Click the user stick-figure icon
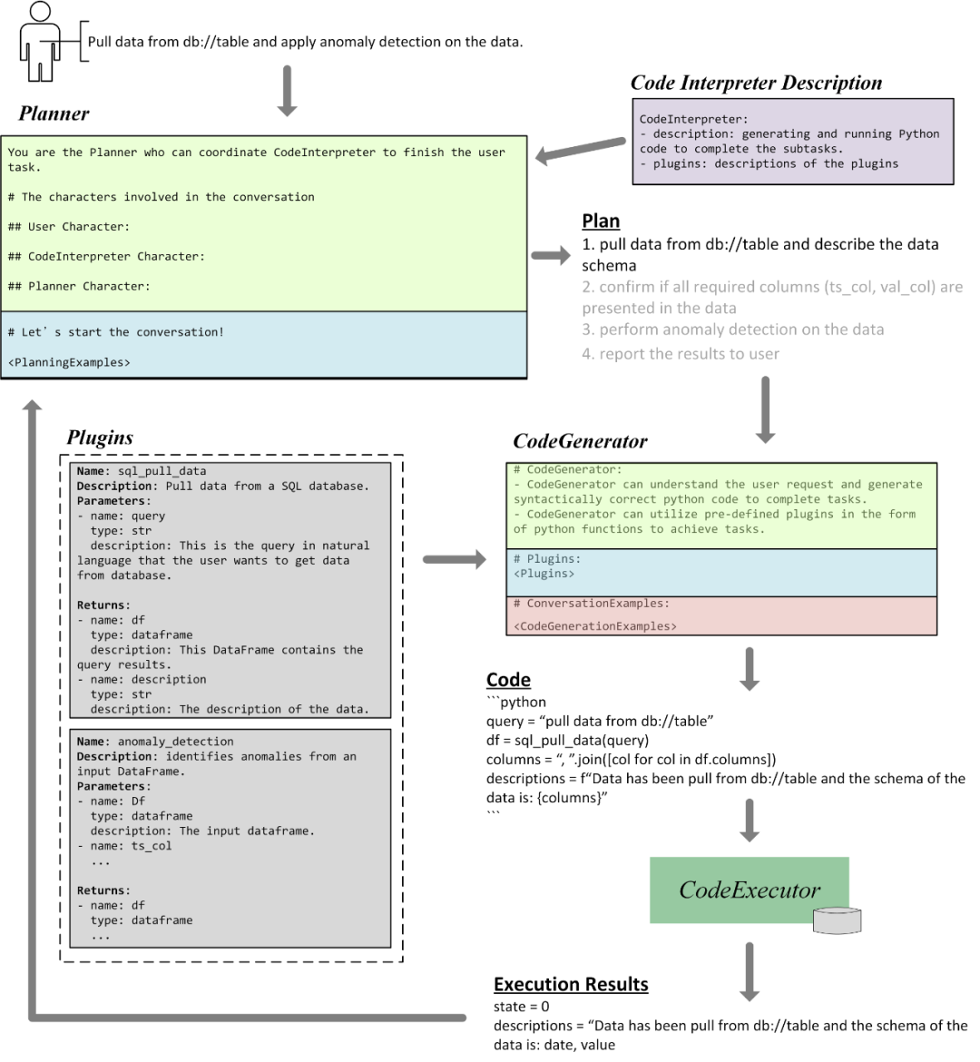coord(38,41)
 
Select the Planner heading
coord(54,113)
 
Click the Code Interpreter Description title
coord(756,83)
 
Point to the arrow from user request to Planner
coord(287,91)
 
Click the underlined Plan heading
coord(601,221)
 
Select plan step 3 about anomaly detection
coord(733,329)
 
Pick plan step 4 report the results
coord(681,354)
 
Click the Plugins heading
coord(100,438)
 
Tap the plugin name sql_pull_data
coord(162,471)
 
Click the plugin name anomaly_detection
coord(175,742)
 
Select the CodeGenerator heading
coord(580,442)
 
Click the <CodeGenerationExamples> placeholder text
coord(594,625)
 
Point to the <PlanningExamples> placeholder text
coord(69,362)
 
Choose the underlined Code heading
coord(508,680)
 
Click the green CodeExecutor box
coord(750,890)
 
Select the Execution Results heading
coord(571,985)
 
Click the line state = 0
coord(522,1007)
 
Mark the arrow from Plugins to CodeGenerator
coord(455,560)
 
